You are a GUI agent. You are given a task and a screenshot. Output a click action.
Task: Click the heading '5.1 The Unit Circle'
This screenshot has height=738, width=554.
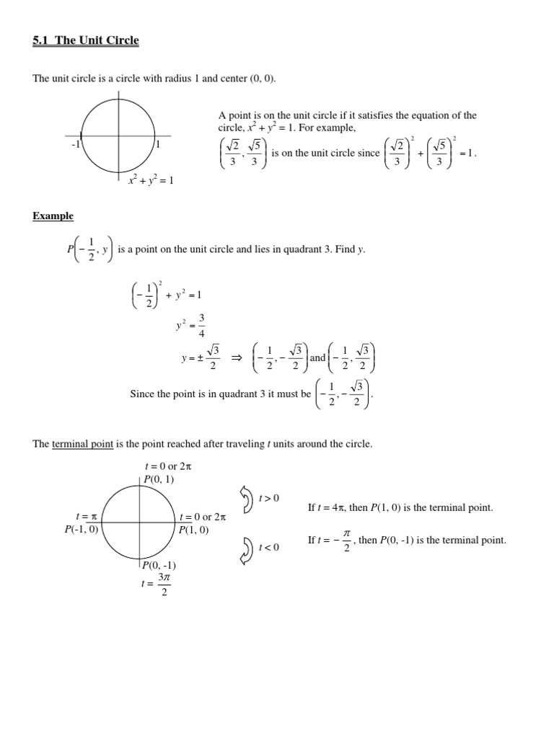pyautogui.click(x=86, y=40)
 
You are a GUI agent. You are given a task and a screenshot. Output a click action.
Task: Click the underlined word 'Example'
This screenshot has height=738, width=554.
pyautogui.click(x=53, y=216)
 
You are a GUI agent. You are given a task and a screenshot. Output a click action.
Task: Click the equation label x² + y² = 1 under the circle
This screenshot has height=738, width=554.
pyautogui.click(x=150, y=180)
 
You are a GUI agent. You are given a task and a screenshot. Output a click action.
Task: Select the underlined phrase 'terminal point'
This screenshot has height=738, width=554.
pyautogui.click(x=83, y=444)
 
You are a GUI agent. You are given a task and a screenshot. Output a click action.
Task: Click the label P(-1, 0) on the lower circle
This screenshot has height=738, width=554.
pyautogui.click(x=82, y=530)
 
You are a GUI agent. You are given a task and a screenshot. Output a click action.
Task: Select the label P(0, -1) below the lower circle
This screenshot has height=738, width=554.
pyautogui.click(x=159, y=566)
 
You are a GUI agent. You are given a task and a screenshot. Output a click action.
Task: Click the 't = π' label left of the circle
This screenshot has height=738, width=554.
pyautogui.click(x=87, y=517)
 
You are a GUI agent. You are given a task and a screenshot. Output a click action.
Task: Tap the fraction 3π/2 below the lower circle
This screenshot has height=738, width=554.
pyautogui.click(x=164, y=584)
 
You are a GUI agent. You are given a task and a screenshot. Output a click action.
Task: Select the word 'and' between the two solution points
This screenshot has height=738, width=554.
pyautogui.click(x=318, y=358)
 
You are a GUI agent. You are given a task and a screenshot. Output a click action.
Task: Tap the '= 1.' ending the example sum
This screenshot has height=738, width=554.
pyautogui.click(x=468, y=154)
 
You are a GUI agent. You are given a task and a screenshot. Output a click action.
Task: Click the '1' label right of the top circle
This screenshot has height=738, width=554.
pyautogui.click(x=158, y=143)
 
